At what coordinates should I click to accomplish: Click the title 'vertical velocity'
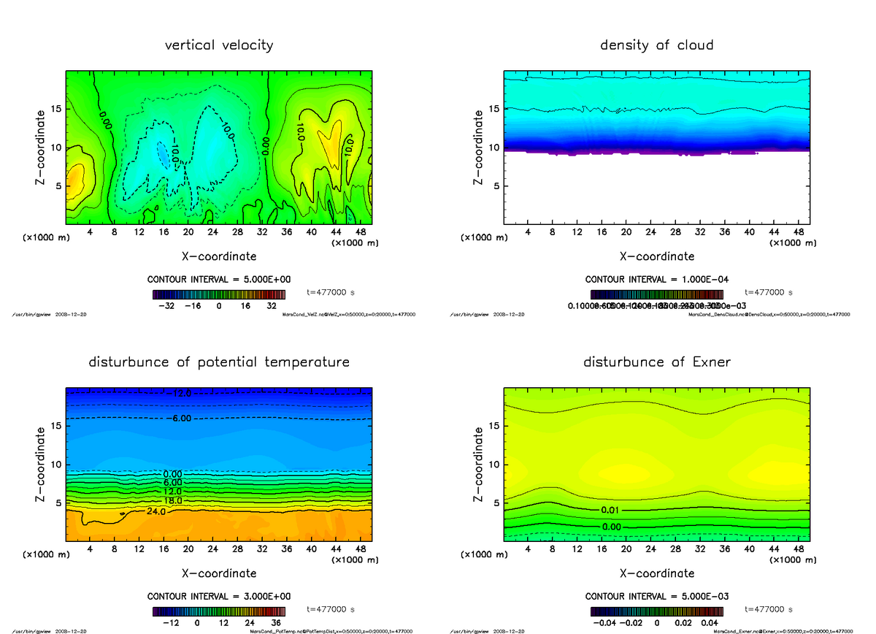(219, 45)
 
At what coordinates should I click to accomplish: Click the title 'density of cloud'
(656, 45)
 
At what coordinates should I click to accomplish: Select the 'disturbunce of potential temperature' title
(219, 362)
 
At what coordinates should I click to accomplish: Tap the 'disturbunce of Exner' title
(656, 362)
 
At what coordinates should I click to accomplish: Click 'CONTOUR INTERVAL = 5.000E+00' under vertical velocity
(219, 280)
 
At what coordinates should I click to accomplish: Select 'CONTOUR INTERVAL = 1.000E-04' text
(656, 280)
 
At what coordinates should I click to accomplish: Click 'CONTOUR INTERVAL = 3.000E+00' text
(219, 596)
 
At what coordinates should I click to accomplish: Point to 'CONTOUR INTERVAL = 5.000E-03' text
(656, 596)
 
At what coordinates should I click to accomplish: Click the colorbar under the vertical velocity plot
(219, 294)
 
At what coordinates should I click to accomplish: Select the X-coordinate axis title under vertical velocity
(219, 256)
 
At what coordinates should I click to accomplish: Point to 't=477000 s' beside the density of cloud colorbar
(768, 292)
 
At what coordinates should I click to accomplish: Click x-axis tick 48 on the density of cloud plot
(798, 232)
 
